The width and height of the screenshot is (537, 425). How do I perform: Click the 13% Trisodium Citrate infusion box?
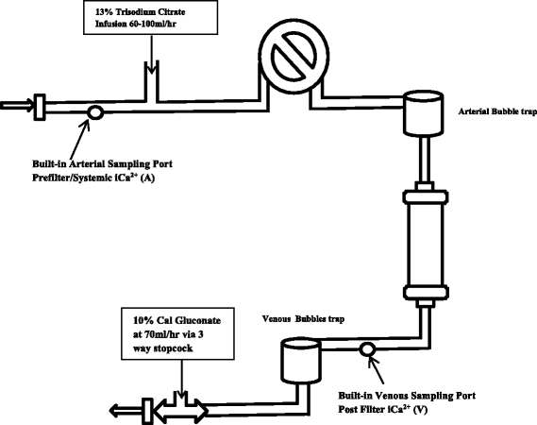click(150, 18)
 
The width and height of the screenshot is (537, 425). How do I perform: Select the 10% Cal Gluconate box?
click(177, 333)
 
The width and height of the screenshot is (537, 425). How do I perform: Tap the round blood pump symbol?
click(294, 57)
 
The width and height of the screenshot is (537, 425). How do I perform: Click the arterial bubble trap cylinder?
click(423, 113)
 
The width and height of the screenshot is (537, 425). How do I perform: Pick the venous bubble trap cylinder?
click(301, 360)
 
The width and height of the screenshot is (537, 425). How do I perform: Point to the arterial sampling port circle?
click(95, 112)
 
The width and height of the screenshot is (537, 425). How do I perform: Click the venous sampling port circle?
click(367, 349)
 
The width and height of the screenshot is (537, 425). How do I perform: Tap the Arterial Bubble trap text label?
click(497, 111)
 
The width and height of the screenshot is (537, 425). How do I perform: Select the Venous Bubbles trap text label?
click(303, 319)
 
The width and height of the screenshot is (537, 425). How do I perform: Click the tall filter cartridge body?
click(425, 244)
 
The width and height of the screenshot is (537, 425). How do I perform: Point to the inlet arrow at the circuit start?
click(17, 106)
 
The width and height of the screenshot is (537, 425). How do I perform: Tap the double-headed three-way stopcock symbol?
click(181, 410)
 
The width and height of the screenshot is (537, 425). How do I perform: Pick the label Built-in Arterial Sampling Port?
click(103, 163)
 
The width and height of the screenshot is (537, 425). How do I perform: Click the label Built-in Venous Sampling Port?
click(407, 396)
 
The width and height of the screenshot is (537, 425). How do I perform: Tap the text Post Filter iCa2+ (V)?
click(383, 409)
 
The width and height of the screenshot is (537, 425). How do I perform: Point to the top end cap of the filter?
click(426, 196)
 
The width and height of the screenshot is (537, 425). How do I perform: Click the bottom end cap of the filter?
click(426, 292)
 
